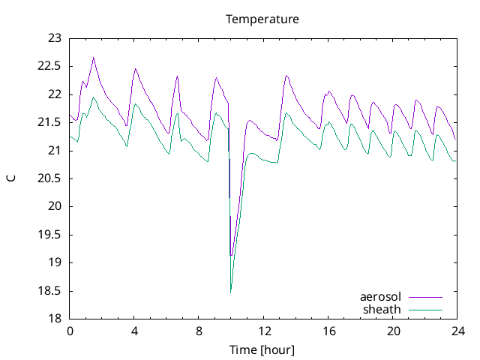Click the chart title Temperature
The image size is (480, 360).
(262, 19)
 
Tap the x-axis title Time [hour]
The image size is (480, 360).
(262, 350)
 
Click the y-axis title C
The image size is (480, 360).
(10, 178)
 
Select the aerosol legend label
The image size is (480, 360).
(381, 297)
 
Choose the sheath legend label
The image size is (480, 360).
(382, 309)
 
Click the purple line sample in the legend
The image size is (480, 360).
(424, 297)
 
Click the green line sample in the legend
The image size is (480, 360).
(424, 309)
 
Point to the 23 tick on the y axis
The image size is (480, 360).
(55, 38)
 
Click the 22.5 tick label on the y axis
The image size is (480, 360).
(50, 66)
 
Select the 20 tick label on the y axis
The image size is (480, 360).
(55, 206)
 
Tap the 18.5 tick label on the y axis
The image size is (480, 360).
(50, 291)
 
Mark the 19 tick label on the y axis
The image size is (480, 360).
(55, 262)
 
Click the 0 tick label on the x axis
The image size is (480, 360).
(70, 331)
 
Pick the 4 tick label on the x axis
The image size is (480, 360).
(134, 331)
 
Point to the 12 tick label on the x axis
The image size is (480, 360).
(264, 331)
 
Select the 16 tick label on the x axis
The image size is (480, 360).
(328, 331)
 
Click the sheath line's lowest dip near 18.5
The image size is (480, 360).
(231, 292)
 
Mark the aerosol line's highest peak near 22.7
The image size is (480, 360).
(94, 57)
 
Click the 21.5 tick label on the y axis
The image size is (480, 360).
(50, 122)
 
